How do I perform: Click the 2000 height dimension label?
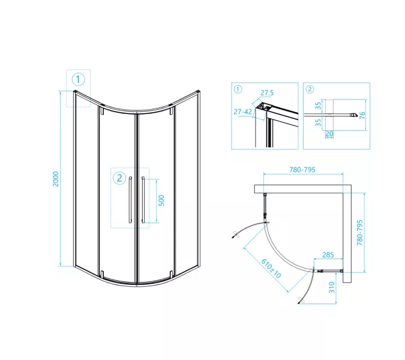point(56,179)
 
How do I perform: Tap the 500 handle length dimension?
point(161,200)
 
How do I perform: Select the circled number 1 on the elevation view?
point(78,80)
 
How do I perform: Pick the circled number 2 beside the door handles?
point(119,178)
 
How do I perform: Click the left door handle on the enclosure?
point(130,200)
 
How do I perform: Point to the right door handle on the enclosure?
point(143,200)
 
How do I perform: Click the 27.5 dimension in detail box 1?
point(267,93)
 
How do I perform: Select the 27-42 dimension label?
point(243,112)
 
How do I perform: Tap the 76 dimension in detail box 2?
point(362,115)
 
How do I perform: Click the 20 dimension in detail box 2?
point(329,134)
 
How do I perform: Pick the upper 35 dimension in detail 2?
point(318,106)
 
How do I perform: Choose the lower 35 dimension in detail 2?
point(318,122)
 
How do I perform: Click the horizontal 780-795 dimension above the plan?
point(302,170)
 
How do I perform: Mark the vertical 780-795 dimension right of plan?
point(360,232)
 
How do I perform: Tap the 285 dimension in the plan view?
point(328,255)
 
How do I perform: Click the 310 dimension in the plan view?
point(332,287)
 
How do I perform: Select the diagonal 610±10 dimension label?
point(271,269)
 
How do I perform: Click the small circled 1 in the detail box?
point(238,89)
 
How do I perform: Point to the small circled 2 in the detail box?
point(310,89)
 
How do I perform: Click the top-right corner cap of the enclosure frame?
point(199,91)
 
